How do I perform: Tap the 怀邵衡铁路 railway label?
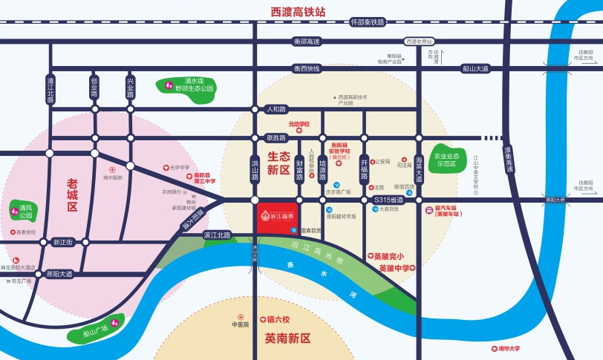368,22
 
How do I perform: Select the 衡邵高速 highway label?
306,42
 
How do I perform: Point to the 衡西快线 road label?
306,68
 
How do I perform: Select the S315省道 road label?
388,200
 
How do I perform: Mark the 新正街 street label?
63,242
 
